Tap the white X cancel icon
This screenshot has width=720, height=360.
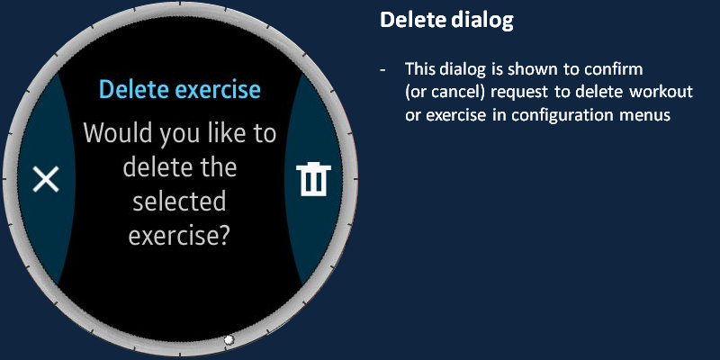46,179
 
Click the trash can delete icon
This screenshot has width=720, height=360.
313,179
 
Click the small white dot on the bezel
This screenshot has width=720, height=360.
229,340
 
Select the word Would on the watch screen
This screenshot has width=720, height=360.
117,133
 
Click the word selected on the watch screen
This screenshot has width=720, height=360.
179,202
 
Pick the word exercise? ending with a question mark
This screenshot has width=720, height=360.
178,236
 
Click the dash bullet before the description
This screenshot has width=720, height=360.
382,70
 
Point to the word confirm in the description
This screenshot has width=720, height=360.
614,69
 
